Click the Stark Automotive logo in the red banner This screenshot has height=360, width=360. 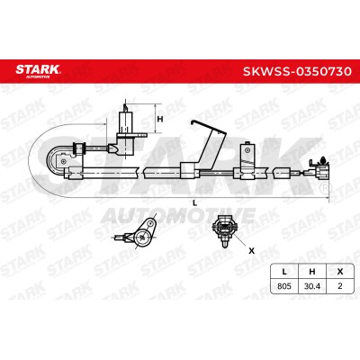tap(38, 71)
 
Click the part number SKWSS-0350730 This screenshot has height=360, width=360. tap(297, 71)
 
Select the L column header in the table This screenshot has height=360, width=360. tap(284, 272)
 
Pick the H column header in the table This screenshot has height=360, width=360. tap(312, 272)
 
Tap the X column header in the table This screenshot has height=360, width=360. tap(339, 272)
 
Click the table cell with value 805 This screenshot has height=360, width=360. tap(284, 286)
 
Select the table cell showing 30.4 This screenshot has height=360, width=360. tap(312, 286)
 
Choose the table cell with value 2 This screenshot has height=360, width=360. tap(339, 286)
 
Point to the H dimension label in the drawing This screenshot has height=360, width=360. tap(160, 119)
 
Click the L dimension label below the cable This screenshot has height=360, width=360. tap(194, 203)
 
